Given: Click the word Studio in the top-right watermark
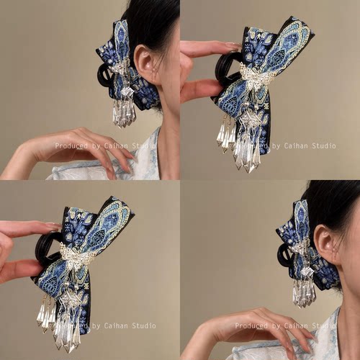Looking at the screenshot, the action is coord(324,145).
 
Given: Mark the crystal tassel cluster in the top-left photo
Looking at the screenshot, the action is coord(124,113).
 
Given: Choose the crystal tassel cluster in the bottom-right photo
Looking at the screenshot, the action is coord(304,293).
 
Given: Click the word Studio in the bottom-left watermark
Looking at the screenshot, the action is coord(144,325).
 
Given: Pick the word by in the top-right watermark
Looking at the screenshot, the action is coord(276,146).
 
